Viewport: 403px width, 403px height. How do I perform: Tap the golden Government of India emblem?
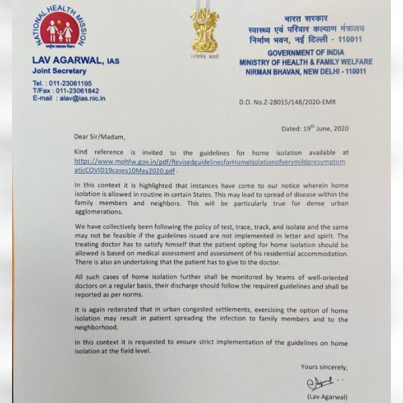tap(204, 31)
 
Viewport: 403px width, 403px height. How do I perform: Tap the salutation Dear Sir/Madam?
tap(99, 137)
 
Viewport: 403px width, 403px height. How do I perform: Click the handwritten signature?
tap(323, 384)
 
